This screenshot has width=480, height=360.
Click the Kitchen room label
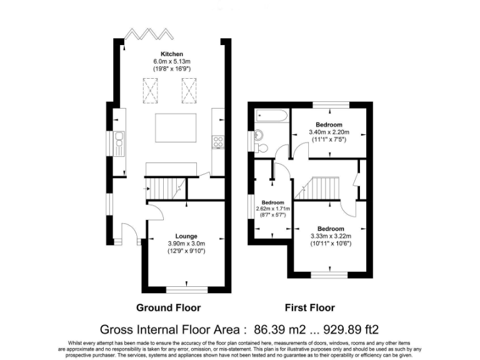click(x=172, y=54)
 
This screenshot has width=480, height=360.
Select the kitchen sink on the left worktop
click(x=119, y=142)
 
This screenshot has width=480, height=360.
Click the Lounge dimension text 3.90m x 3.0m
click(x=186, y=244)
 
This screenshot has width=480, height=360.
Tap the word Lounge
click(x=186, y=236)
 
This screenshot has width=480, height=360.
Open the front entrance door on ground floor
click(x=128, y=235)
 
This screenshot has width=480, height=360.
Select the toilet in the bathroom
click(x=262, y=147)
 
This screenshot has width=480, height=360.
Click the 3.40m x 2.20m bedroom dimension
click(x=329, y=132)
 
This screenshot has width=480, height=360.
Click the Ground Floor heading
click(x=169, y=307)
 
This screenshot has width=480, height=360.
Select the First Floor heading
click(x=309, y=307)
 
